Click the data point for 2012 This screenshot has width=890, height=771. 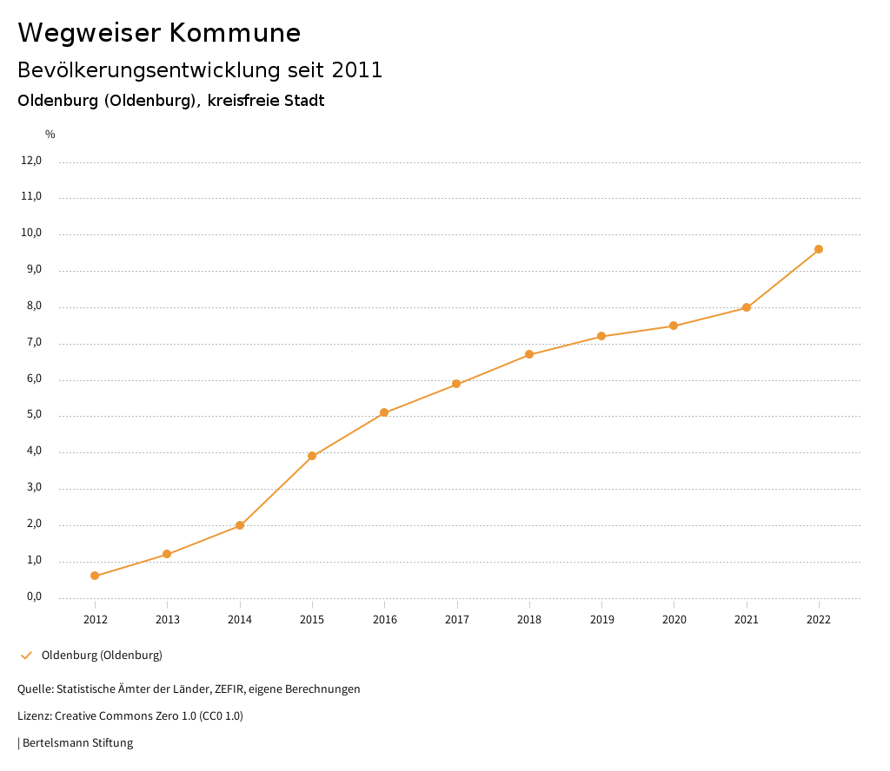tap(95, 576)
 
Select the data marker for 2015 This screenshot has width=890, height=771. tap(312, 456)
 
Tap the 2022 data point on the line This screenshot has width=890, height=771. tap(819, 249)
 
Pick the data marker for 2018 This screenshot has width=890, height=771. tap(529, 354)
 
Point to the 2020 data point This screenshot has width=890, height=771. tap(674, 326)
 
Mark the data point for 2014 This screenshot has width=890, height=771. tap(240, 525)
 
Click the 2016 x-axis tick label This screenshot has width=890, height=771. tap(384, 620)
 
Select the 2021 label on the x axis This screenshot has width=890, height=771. tap(747, 620)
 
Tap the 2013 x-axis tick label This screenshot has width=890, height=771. tap(168, 620)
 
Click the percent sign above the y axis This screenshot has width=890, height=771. tap(50, 135)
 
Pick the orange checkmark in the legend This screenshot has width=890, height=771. tap(26, 656)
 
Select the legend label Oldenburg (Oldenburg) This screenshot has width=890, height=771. tap(102, 656)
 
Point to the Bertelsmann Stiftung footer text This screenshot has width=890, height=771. tap(77, 743)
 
